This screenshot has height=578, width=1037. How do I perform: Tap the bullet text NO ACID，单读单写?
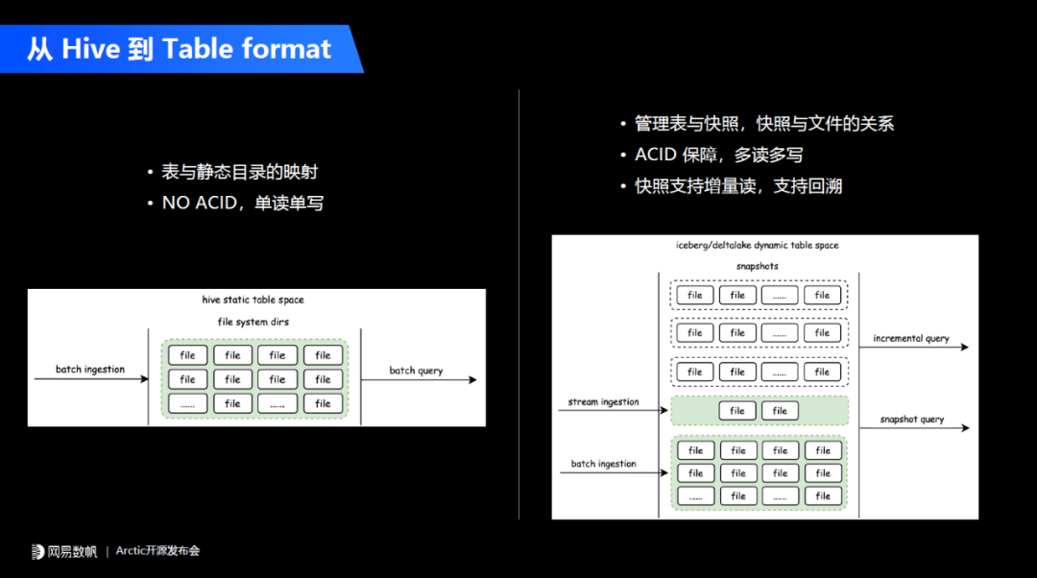point(242,204)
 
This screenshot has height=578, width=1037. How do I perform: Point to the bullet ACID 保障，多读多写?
point(718,155)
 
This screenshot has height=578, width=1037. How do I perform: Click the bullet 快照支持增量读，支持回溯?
point(737,186)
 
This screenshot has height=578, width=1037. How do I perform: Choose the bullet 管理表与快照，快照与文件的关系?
point(763,123)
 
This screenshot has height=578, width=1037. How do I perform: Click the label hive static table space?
point(253,301)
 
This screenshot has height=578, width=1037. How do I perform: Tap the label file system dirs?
point(253,322)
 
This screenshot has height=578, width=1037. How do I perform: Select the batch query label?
point(416,371)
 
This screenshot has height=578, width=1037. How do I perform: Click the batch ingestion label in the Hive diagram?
point(90,370)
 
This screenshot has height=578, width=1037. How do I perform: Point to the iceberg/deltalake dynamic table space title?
point(757,246)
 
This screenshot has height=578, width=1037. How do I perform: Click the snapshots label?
point(757,266)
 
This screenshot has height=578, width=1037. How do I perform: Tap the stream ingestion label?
point(604,402)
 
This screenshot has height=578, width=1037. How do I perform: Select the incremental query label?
point(911,338)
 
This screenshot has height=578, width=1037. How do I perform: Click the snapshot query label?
point(911,420)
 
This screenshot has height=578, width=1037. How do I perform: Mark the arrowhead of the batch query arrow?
point(471,380)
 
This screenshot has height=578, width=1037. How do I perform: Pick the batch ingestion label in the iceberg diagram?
point(604,464)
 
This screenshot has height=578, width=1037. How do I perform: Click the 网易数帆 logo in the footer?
point(64,551)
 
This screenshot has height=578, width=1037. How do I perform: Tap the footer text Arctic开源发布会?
point(157,551)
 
